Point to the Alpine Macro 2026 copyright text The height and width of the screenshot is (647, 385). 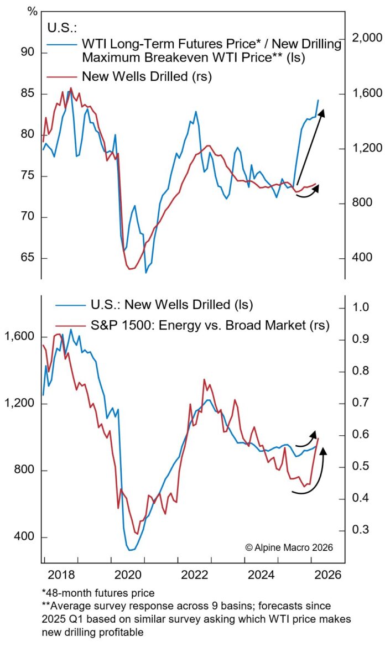point(289,547)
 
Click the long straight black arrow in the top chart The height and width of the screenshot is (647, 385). point(310,147)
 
